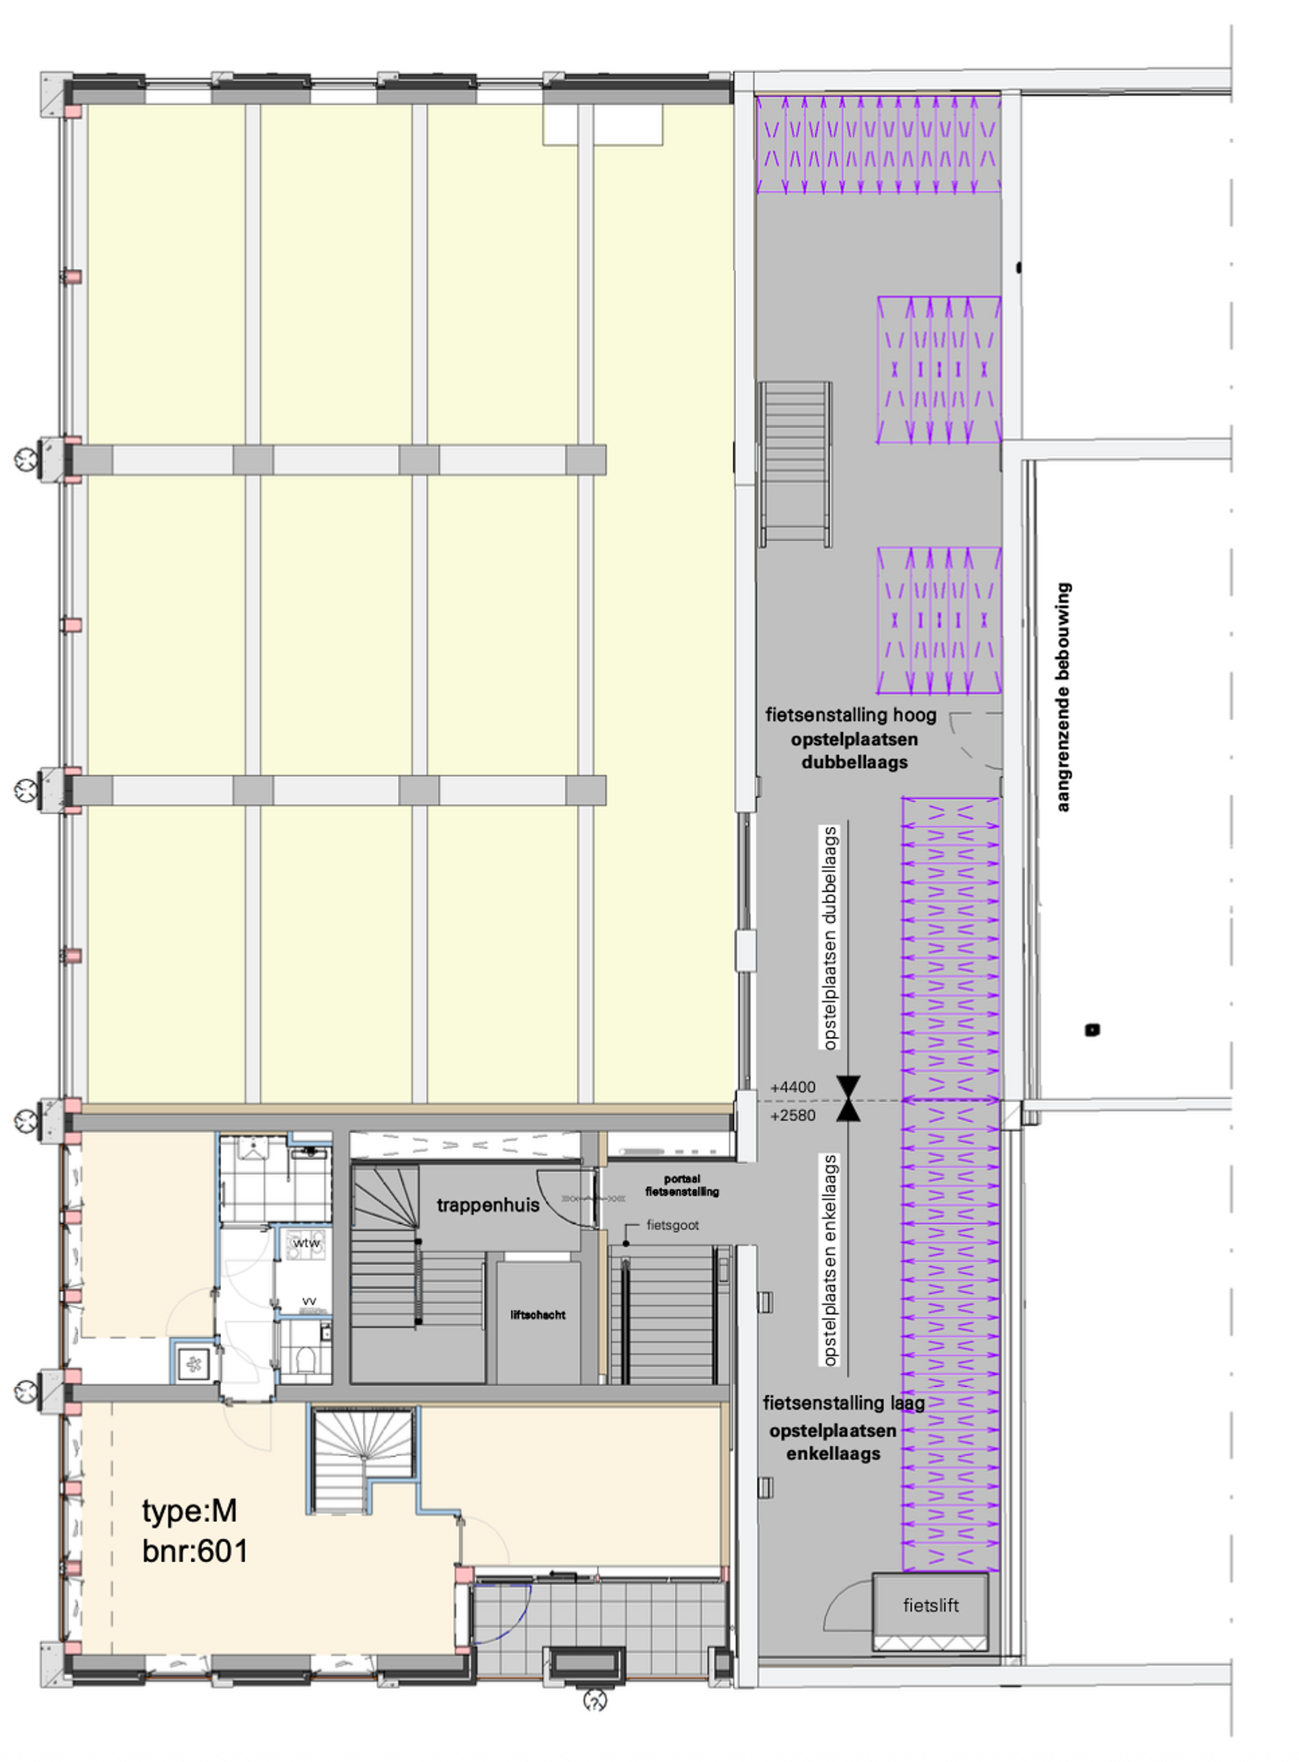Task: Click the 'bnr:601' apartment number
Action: click(195, 1551)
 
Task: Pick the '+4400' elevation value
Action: click(793, 1087)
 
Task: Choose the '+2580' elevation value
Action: click(793, 1115)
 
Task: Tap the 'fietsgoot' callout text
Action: click(672, 1225)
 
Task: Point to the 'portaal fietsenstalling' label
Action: click(682, 1185)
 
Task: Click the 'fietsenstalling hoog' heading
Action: click(851, 715)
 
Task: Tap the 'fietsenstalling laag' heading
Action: click(844, 1403)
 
